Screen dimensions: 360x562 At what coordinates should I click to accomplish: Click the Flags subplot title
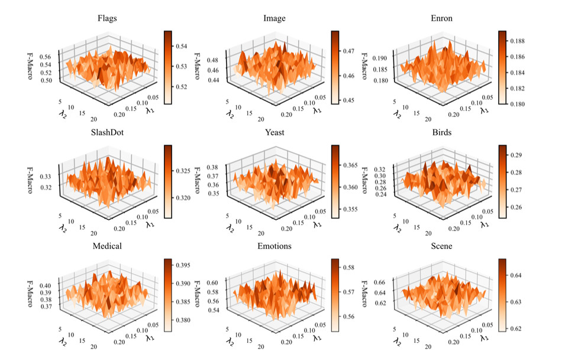point(107,18)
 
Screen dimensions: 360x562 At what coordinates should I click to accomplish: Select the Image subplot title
point(274,18)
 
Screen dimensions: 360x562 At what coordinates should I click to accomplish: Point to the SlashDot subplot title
point(107,132)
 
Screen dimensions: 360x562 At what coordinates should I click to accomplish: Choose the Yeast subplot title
point(274,132)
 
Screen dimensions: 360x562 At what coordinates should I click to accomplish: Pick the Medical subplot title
point(107,246)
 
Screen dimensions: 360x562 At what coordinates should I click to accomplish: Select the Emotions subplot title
point(274,246)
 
